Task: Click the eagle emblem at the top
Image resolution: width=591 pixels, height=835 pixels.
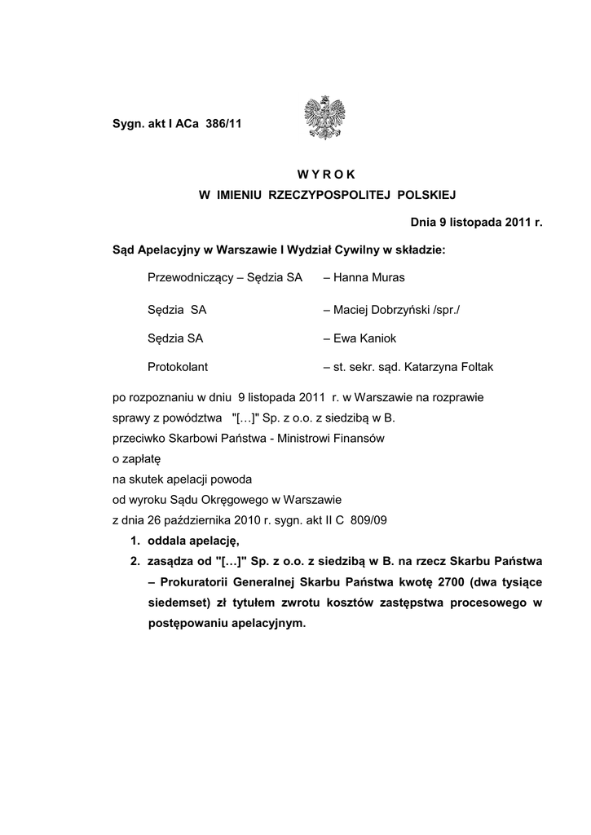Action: click(324, 118)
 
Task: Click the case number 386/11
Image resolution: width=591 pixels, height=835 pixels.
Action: click(224, 124)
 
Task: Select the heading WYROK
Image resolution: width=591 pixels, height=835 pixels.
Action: click(327, 173)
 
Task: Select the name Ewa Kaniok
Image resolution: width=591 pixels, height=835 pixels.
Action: click(365, 338)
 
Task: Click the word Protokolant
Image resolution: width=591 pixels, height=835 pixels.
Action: click(178, 367)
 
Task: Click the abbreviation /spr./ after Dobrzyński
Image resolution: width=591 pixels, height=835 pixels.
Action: click(447, 309)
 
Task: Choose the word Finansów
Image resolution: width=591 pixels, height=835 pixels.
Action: click(356, 439)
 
